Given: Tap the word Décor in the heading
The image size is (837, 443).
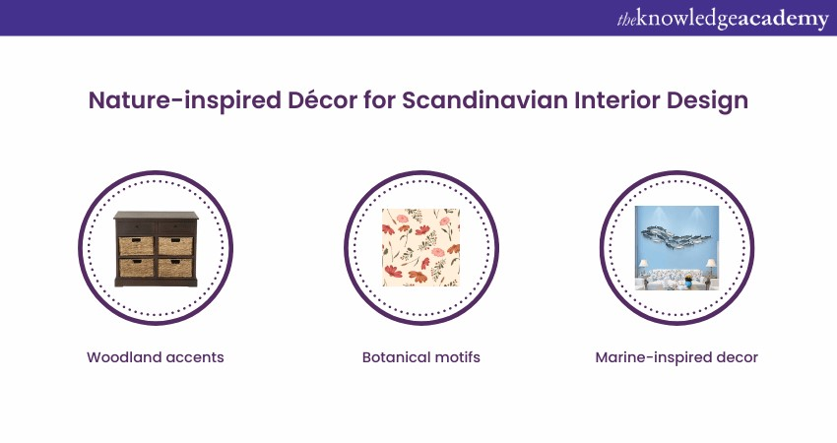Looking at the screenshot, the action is (322, 100).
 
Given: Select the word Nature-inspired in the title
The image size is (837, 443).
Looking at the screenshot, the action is (185, 101).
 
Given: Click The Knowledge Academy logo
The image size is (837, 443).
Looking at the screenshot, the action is (723, 19).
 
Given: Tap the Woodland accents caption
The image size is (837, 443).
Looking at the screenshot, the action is (156, 357).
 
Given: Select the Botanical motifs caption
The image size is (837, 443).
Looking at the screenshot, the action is (421, 357).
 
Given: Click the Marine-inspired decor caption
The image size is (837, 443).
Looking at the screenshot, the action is (676, 357).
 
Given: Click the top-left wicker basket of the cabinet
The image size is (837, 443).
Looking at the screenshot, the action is (136, 246).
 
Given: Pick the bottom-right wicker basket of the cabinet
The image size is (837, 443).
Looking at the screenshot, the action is (175, 268).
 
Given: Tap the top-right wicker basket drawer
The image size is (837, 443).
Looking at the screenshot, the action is (175, 246).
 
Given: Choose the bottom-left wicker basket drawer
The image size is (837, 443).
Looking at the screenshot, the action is (136, 268).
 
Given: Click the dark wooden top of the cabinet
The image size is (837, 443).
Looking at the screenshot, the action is (156, 216).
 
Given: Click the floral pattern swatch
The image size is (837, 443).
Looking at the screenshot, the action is (420, 247).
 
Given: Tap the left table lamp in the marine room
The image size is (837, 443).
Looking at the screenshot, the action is (644, 269).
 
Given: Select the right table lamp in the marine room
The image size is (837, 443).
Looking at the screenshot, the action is (711, 269).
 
